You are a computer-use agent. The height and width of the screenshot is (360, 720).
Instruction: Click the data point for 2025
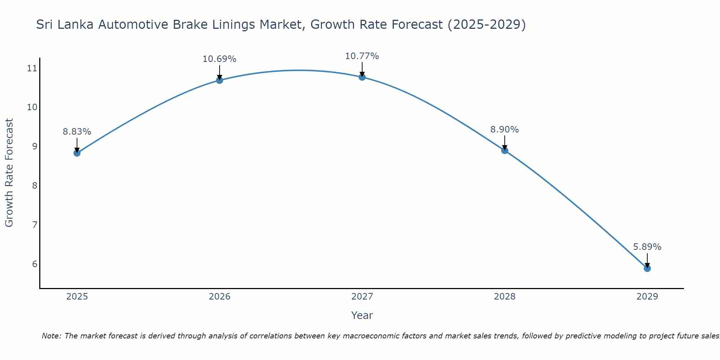(77, 153)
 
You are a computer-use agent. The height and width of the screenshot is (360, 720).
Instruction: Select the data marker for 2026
(219, 80)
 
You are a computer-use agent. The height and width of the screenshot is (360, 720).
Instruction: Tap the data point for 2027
(362, 77)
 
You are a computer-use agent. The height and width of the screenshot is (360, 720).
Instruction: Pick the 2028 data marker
(504, 150)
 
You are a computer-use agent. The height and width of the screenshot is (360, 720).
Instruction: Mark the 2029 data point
(647, 268)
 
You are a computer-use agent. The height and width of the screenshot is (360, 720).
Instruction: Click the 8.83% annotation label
(77, 132)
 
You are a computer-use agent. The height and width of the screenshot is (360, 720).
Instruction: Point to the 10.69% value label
(219, 59)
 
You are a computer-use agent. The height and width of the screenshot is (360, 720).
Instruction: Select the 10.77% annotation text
(362, 56)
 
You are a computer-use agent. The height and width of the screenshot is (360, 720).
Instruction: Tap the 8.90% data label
(504, 130)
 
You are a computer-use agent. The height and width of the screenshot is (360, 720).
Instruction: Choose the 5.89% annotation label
(647, 247)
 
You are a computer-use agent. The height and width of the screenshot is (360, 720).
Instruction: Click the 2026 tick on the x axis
(220, 297)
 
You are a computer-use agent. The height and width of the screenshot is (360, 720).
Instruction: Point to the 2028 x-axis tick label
(504, 297)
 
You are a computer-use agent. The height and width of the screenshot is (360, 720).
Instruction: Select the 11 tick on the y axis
(32, 68)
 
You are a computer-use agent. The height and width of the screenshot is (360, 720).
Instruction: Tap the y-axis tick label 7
(35, 225)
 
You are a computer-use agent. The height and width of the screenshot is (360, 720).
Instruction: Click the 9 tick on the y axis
(35, 147)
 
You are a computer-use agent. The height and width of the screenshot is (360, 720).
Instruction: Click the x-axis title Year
(362, 315)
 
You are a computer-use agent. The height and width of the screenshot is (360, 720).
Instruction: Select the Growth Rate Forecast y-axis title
(9, 173)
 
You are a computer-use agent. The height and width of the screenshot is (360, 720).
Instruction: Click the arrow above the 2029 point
(647, 260)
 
